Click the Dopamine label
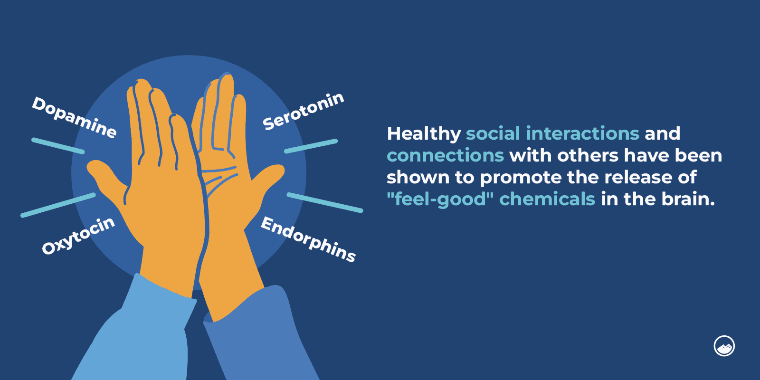pos(74,117)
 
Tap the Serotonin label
pos(303,111)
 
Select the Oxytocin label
pos(78,235)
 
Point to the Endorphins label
pos(308,239)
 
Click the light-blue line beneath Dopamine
pos(58,146)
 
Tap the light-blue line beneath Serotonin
pos(311,146)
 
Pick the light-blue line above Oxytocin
pos(58,205)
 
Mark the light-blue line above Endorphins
pos(325,202)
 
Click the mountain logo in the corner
pos(724,346)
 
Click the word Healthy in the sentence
pos(423,134)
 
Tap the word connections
pos(445,156)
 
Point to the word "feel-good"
pos(440,199)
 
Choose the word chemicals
pos(547,199)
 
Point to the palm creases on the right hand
pos(219,178)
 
